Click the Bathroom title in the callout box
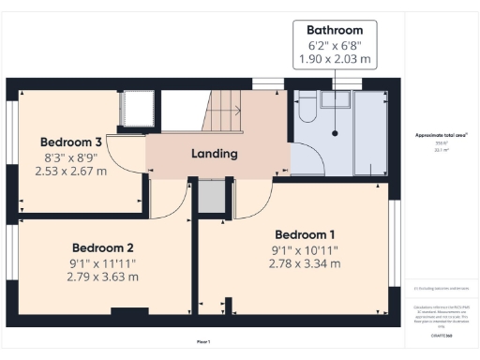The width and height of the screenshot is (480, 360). click(336, 30)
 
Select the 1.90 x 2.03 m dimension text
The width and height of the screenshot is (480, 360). click(336, 58)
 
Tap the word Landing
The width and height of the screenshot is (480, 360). click(215, 154)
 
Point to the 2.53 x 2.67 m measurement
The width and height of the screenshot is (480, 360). click(70, 171)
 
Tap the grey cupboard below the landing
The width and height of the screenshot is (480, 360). click(211, 196)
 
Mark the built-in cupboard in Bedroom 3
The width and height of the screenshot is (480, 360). click(131, 109)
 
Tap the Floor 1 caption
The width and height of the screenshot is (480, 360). click(203, 340)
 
